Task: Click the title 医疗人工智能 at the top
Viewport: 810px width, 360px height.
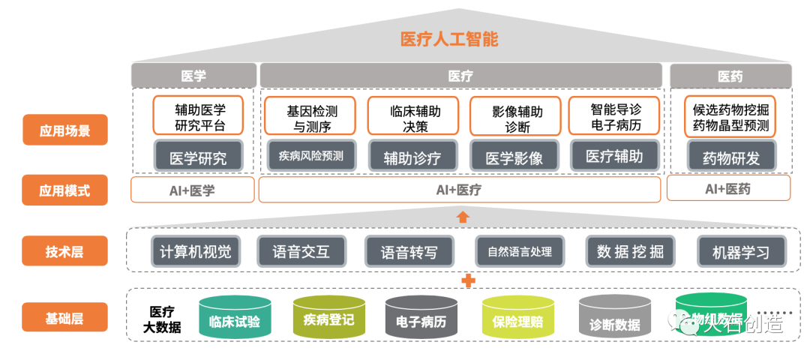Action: pos(449,40)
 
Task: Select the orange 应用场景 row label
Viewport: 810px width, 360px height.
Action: pos(65,130)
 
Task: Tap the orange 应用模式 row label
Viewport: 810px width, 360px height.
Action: pos(65,190)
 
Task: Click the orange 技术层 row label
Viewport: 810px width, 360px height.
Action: pos(65,251)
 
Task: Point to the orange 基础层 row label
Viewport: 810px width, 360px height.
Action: pos(65,317)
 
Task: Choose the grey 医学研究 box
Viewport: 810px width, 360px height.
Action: pos(199,157)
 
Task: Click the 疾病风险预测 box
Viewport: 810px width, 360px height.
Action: pos(310,156)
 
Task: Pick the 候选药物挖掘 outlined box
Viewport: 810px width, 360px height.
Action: pos(730,117)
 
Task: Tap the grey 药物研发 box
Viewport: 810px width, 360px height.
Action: pos(730,157)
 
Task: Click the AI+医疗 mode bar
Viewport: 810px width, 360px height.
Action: pos(459,190)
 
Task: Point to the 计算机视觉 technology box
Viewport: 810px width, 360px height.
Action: pos(196,251)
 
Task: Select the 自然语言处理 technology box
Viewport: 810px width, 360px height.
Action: pos(519,251)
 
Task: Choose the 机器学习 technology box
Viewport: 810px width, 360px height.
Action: pos(740,251)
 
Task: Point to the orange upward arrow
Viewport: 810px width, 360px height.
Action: pos(463,217)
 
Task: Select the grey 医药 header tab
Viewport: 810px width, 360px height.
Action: pos(730,76)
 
